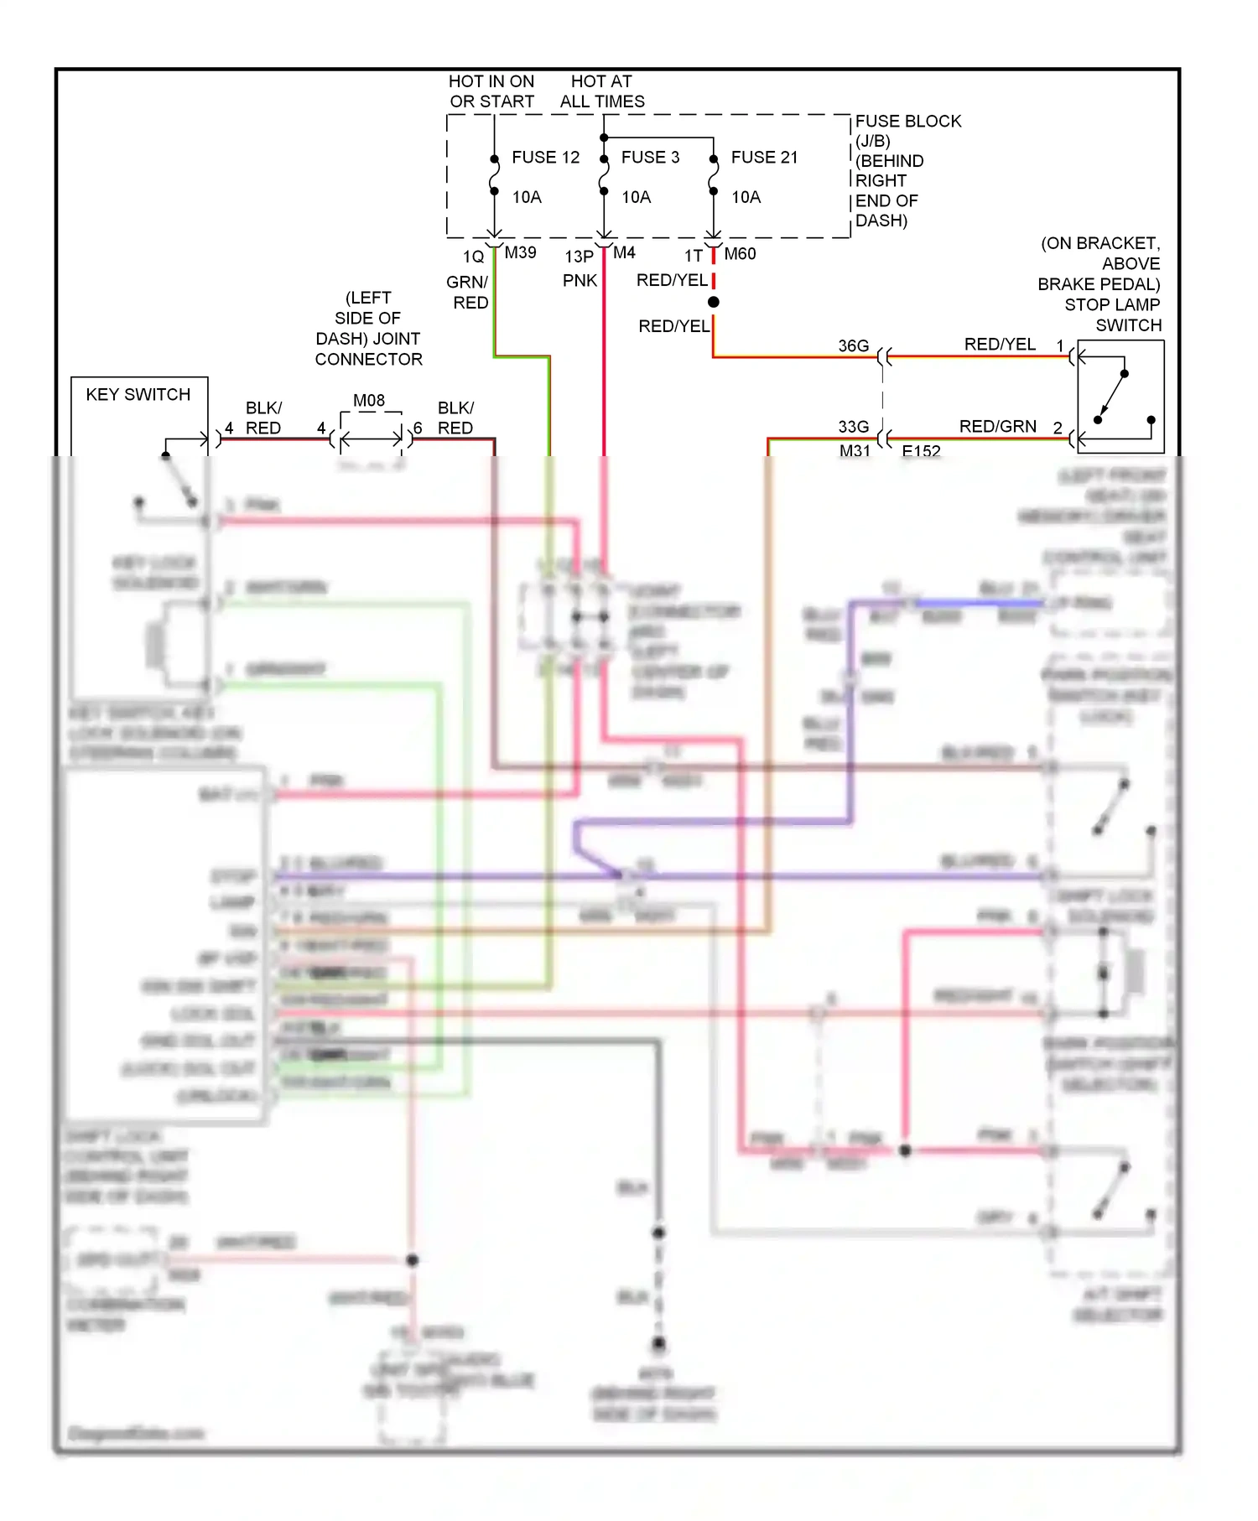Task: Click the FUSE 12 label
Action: [545, 158]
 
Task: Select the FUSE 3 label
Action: [650, 158]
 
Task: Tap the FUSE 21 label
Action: [764, 158]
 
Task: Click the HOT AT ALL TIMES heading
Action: [602, 91]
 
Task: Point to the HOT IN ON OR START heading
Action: [491, 91]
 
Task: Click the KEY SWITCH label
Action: [138, 395]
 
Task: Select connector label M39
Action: [520, 252]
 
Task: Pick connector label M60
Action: [740, 254]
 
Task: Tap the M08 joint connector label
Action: [369, 401]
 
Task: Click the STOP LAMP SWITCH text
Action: [1112, 314]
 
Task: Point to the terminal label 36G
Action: [853, 346]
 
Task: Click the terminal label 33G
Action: [853, 427]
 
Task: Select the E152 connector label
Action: [921, 451]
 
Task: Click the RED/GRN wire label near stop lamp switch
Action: [997, 427]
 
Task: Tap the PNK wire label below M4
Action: [580, 281]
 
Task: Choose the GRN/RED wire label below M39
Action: [468, 292]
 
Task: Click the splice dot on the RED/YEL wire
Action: [713, 302]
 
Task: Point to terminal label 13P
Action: [579, 257]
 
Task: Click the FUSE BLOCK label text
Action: [907, 122]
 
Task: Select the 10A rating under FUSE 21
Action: [746, 197]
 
